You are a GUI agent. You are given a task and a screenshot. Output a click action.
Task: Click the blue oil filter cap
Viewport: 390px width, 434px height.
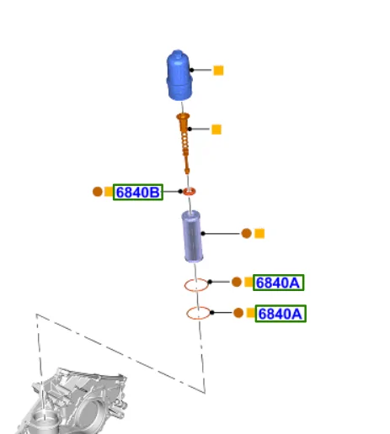[x=179, y=76]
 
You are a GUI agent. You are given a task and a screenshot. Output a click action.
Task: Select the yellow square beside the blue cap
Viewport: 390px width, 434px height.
[x=218, y=71]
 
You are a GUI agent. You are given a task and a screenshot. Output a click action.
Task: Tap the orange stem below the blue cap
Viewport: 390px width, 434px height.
[x=184, y=143]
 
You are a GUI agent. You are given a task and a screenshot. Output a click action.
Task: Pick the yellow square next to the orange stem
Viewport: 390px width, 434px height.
[x=216, y=130]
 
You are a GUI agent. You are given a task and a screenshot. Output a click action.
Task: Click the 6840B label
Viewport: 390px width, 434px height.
[x=138, y=193]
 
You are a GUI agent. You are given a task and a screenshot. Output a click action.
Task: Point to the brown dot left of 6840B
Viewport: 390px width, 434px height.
[x=98, y=192]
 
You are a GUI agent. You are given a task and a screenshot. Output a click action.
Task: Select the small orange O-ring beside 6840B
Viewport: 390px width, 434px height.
[x=190, y=192]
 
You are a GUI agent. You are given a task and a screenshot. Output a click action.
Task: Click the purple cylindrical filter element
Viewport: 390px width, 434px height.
[x=192, y=236]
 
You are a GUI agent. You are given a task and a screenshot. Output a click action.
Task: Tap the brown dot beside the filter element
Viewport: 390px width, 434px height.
[x=246, y=233]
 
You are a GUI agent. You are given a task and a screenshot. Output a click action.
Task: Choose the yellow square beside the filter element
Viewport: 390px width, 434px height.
[x=259, y=234]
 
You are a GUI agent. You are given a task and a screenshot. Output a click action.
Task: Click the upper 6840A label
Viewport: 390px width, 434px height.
[x=278, y=283]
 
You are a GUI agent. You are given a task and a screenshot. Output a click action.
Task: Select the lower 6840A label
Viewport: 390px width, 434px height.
[x=280, y=314]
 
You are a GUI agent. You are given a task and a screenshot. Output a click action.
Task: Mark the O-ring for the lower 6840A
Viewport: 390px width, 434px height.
[x=187, y=313]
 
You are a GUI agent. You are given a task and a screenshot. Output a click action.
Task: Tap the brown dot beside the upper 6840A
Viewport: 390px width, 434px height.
[x=237, y=282]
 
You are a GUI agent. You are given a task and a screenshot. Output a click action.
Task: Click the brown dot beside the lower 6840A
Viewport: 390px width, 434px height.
[x=238, y=313]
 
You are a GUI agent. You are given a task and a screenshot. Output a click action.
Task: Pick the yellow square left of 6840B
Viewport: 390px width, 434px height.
[x=109, y=192]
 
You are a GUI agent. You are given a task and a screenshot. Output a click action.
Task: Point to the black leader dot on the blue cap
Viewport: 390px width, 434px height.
[x=191, y=70]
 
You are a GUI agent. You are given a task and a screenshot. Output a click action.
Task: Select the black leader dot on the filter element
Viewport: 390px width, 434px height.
[x=203, y=233]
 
